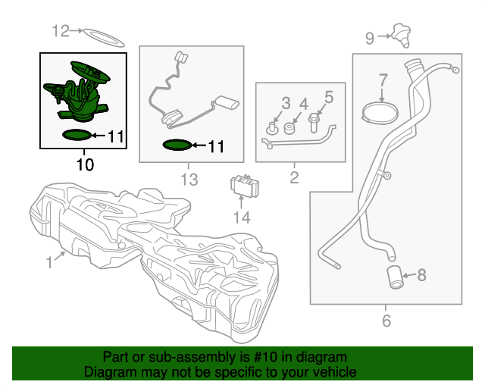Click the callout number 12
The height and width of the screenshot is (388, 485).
(x=61, y=31)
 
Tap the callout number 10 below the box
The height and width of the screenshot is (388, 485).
(x=86, y=164)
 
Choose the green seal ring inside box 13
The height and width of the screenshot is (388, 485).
(x=178, y=145)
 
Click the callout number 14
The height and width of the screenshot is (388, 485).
(x=241, y=217)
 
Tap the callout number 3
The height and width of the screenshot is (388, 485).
(x=286, y=102)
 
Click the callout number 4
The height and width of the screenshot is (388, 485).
(x=304, y=104)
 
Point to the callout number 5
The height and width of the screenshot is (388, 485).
(x=329, y=96)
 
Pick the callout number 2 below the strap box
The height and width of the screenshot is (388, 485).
(x=295, y=179)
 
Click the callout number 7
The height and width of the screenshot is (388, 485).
(x=383, y=79)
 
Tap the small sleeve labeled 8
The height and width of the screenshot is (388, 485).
(x=395, y=277)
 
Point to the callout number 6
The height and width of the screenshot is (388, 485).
(x=386, y=321)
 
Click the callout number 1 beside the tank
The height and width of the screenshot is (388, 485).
(x=50, y=262)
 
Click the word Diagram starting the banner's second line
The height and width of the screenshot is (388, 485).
(x=108, y=372)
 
